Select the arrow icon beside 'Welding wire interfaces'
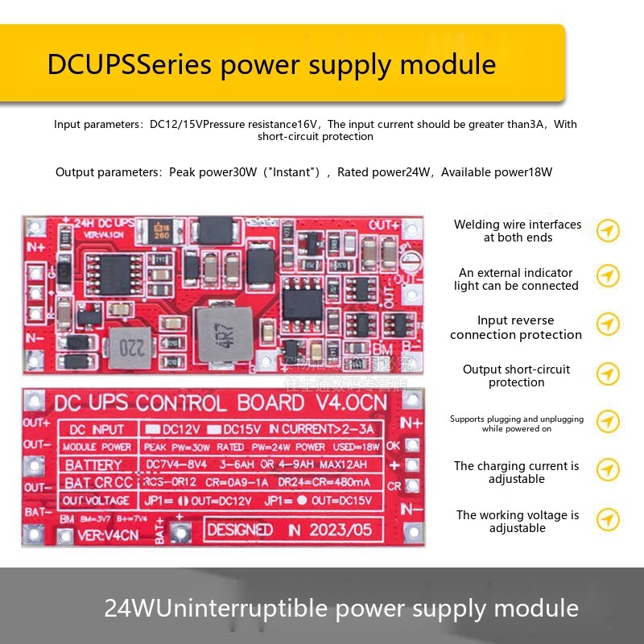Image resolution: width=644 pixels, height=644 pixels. (608, 231)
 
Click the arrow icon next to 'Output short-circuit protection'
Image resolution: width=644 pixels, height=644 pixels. (608, 375)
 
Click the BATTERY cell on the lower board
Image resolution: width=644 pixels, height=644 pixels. (93, 464)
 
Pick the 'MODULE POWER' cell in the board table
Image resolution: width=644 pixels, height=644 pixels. (97, 447)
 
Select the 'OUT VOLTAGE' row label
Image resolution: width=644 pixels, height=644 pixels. (96, 501)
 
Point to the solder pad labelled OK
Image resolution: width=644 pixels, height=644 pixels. (412, 445)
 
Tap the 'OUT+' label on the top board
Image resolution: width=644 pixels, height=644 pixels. (384, 225)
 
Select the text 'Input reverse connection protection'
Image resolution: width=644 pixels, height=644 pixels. (515, 328)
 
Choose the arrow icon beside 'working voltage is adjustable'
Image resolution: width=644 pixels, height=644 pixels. (608, 521)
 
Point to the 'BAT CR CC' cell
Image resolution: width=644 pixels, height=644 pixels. (98, 483)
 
